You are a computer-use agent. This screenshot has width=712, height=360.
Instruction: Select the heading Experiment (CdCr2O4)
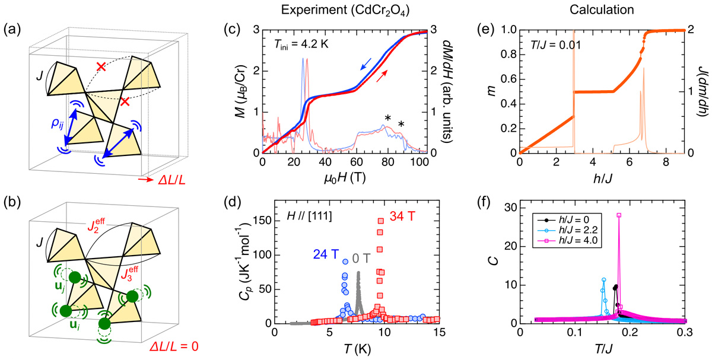point(336,10)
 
